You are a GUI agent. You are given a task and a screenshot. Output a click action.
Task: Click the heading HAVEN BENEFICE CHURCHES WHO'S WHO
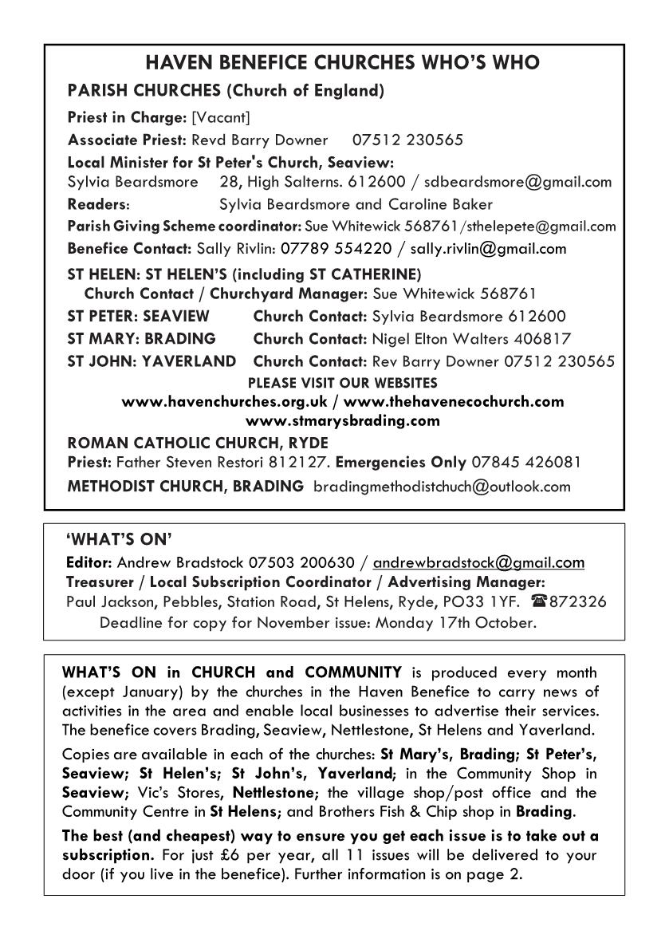click(334, 63)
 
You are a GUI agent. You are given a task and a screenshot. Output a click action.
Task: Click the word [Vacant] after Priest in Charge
click(221, 118)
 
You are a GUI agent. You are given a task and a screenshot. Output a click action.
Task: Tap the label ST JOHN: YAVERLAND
click(152, 361)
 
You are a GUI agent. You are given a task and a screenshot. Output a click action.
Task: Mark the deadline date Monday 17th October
click(468, 622)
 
